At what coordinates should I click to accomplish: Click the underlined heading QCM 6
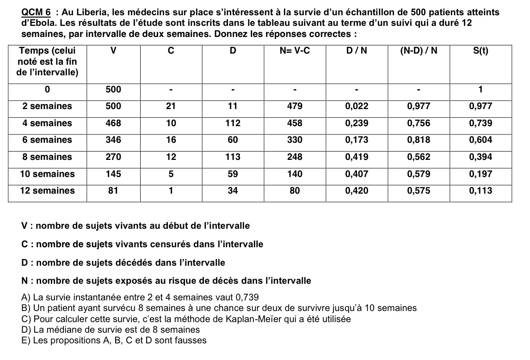pyautogui.click(x=36, y=12)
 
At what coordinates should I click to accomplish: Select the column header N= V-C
pyautogui.click(x=294, y=51)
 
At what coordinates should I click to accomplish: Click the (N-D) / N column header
pyautogui.click(x=418, y=51)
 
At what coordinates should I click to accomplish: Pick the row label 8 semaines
pyautogui.click(x=47, y=157)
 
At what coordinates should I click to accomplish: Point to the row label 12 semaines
pyautogui.click(x=47, y=191)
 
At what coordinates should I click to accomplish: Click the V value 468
pyautogui.click(x=113, y=123)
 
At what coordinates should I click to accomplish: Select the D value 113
pyautogui.click(x=233, y=157)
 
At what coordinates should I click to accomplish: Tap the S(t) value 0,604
pyautogui.click(x=481, y=140)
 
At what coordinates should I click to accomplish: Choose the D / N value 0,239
pyautogui.click(x=357, y=123)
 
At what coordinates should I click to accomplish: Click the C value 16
pyautogui.click(x=171, y=140)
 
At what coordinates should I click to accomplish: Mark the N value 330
pyautogui.click(x=295, y=140)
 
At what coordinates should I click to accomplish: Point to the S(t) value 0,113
pyautogui.click(x=481, y=191)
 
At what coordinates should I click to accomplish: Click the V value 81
pyautogui.click(x=113, y=191)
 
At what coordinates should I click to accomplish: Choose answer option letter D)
pyautogui.click(x=26, y=330)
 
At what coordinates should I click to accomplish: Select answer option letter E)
pyautogui.click(x=26, y=341)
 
